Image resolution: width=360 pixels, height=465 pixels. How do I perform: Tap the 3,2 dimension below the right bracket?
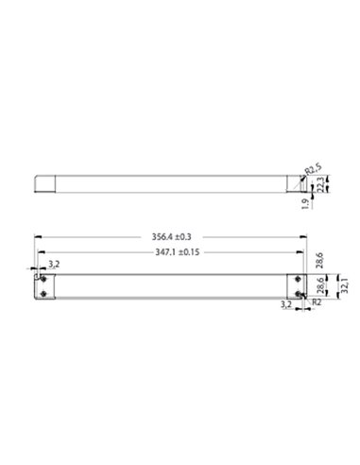[x=285, y=306]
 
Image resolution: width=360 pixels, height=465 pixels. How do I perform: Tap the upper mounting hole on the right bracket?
[x=299, y=279]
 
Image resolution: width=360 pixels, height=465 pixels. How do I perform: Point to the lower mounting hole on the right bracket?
[x=299, y=294]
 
